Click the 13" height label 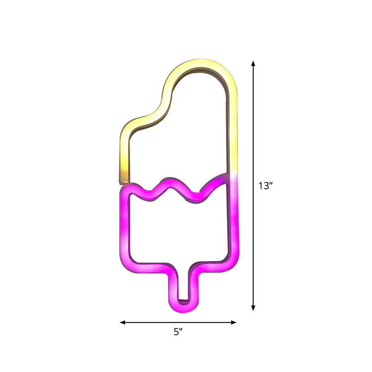coord(265,186)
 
